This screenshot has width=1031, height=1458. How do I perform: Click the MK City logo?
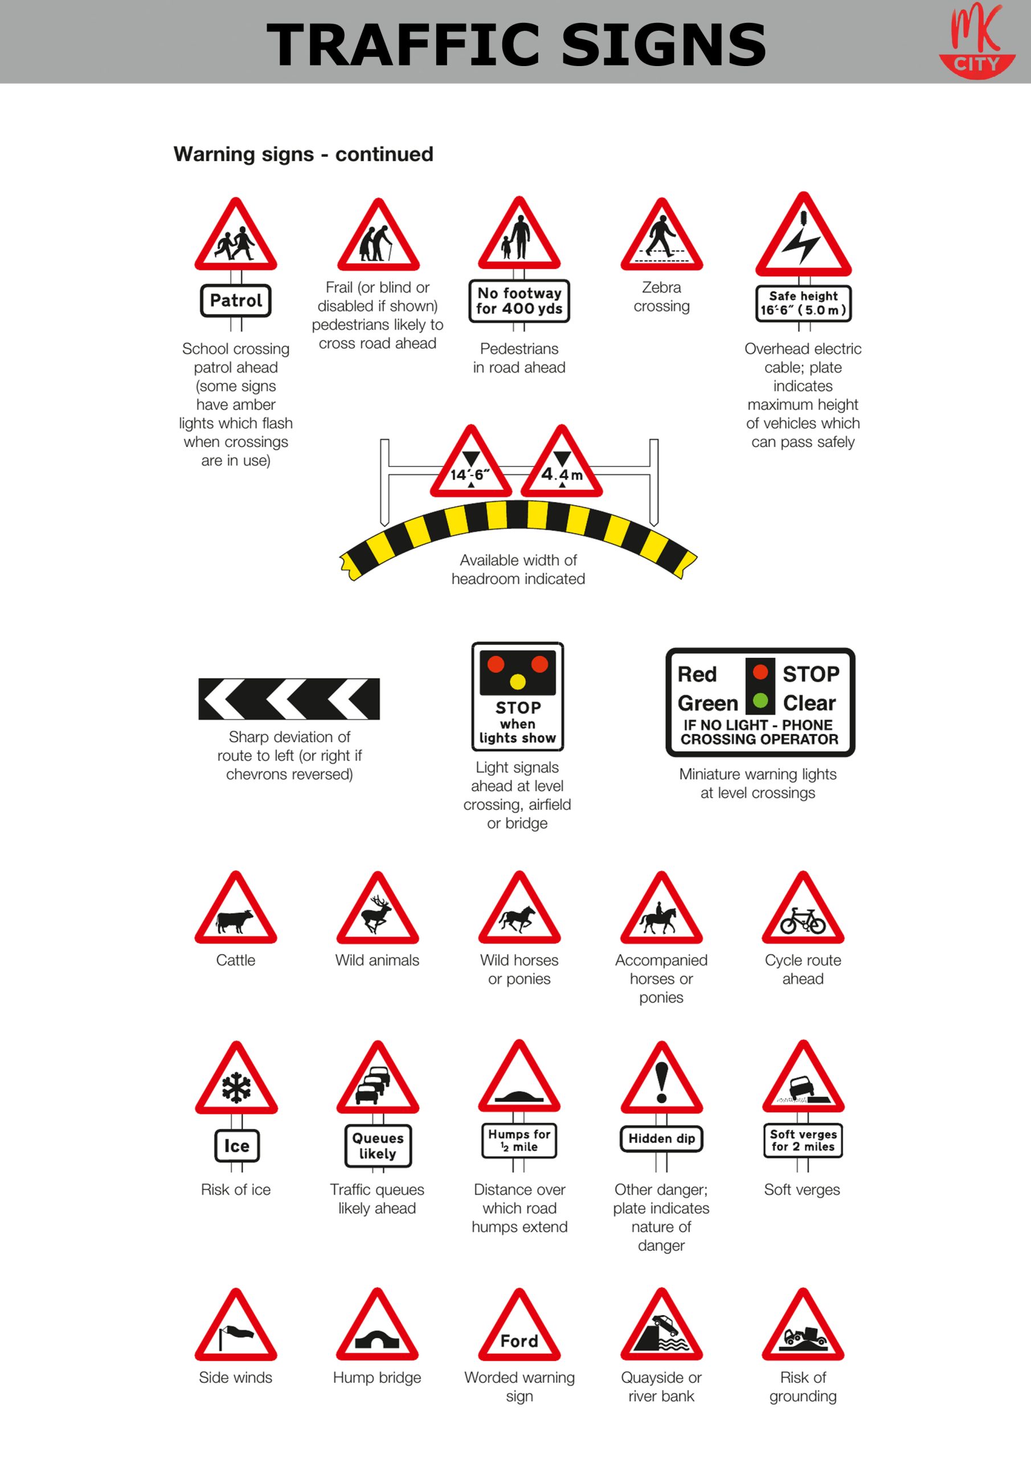tap(977, 41)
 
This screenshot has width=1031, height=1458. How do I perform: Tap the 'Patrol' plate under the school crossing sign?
tap(236, 300)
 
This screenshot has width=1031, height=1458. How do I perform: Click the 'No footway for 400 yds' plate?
tap(519, 301)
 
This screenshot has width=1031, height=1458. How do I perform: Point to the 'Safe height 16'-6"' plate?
tap(804, 304)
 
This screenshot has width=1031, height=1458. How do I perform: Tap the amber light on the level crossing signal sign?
tap(518, 682)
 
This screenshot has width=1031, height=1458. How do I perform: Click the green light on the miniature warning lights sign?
tap(760, 701)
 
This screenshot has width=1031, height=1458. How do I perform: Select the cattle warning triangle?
tap(236, 907)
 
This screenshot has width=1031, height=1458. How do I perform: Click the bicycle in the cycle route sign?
tap(803, 921)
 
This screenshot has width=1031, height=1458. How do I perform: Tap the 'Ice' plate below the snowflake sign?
tap(236, 1145)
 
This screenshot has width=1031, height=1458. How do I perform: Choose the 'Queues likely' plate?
tap(378, 1145)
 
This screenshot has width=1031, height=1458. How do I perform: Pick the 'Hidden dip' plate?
tap(661, 1138)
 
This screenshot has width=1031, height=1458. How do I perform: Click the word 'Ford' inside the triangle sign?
tap(519, 1341)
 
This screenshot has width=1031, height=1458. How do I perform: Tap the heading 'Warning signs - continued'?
tap(304, 154)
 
